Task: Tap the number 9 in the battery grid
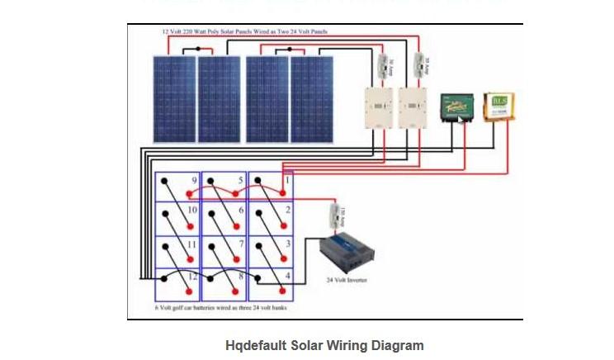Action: coord(194,180)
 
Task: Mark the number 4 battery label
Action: coord(286,275)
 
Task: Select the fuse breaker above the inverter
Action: coord(336,216)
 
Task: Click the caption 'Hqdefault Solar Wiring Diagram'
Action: coord(324,345)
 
